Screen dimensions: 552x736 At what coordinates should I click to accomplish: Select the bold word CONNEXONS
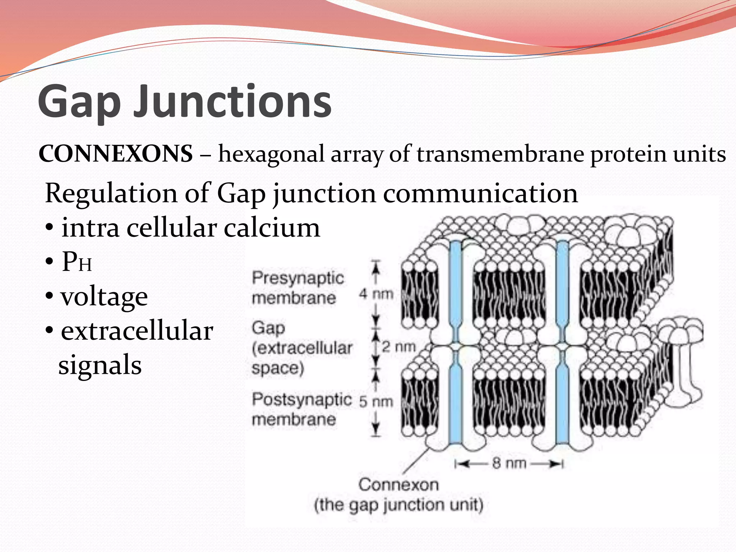click(116, 154)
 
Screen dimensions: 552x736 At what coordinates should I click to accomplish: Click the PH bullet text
click(77, 262)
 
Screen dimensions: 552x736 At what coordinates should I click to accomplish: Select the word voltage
click(104, 297)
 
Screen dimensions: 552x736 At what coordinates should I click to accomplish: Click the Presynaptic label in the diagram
click(298, 278)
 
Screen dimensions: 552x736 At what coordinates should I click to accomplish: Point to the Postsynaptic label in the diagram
click(301, 399)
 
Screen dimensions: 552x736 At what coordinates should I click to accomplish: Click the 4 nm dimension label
click(376, 294)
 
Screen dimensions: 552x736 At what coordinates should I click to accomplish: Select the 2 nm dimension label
click(398, 347)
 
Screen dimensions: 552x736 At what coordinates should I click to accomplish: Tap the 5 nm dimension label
click(376, 401)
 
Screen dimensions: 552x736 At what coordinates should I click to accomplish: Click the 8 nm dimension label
click(509, 463)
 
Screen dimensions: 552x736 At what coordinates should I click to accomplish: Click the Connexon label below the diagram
click(399, 485)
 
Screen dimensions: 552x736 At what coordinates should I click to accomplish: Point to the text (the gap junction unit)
click(399, 505)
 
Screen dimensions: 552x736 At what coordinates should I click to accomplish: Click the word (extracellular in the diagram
click(302, 348)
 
